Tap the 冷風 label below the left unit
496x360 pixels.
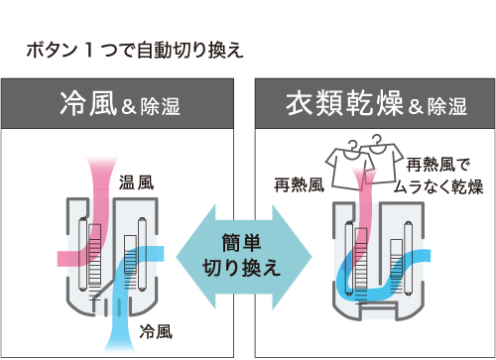[157, 329]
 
